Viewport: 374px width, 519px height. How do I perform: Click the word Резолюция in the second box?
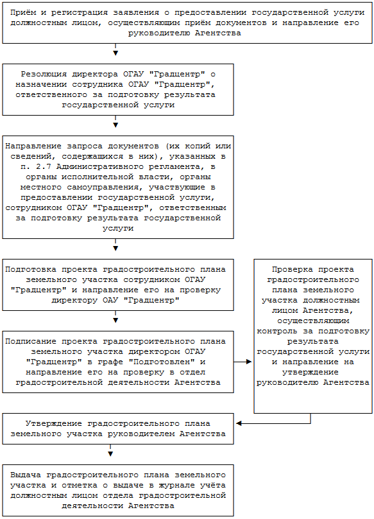coord(44,74)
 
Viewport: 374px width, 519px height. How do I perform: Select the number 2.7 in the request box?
coord(44,166)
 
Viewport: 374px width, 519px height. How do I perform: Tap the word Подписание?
coord(31,341)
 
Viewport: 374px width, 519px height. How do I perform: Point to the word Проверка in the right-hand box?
coord(287,269)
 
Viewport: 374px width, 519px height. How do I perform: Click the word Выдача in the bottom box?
coord(26,475)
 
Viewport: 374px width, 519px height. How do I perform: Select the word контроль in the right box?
coord(276,331)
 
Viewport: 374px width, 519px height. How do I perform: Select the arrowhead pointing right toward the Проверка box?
coord(249,362)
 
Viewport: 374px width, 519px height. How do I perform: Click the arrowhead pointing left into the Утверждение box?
coord(239,423)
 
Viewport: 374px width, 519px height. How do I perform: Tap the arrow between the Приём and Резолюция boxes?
coord(115,49)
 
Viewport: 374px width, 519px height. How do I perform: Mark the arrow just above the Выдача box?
coord(110,450)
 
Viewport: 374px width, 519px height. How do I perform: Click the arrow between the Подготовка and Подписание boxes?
coord(115,317)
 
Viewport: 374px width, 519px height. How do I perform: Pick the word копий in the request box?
coord(198,146)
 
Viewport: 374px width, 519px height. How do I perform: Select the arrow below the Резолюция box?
coord(115,121)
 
